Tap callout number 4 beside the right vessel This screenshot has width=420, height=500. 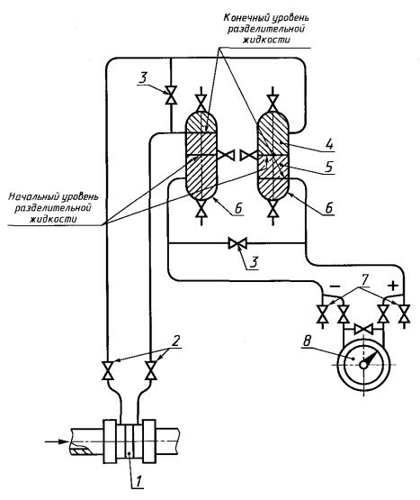point(329,145)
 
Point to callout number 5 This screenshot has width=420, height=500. point(329,167)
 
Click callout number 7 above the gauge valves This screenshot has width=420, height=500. point(364,279)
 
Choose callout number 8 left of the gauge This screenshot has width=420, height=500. point(307,341)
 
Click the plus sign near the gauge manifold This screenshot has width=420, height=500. point(394,286)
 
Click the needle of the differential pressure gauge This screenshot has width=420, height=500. point(371,359)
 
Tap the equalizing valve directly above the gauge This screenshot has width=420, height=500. point(363,328)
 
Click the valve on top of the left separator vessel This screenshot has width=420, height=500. point(201,102)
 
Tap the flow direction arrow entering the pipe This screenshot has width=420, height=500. point(57,441)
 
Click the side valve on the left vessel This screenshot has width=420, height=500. point(226,155)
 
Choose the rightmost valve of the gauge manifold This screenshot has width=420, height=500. point(405,314)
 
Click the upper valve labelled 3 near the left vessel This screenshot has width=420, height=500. point(171,95)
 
